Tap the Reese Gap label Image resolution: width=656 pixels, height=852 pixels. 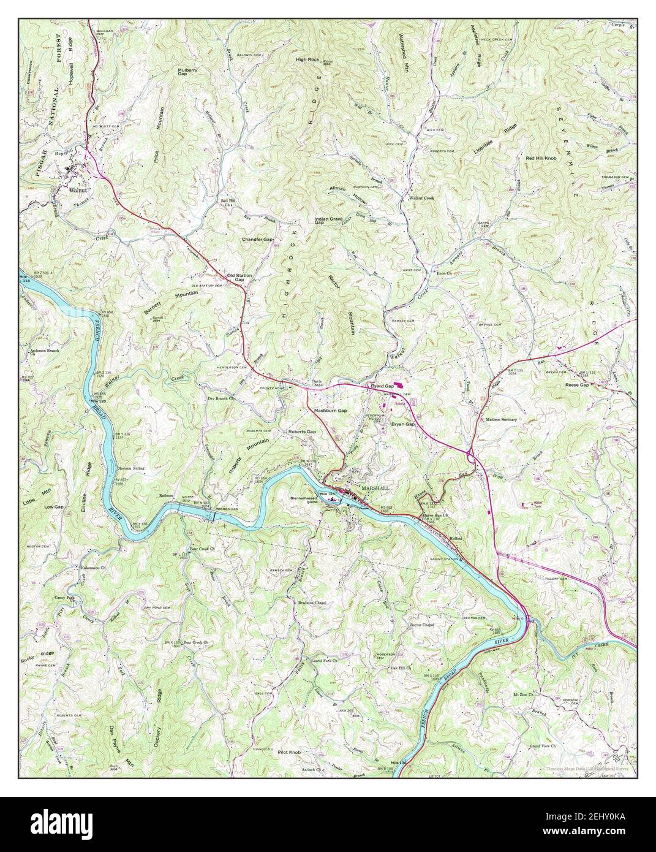(x=576, y=385)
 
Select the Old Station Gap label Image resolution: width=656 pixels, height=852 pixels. (x=239, y=278)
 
